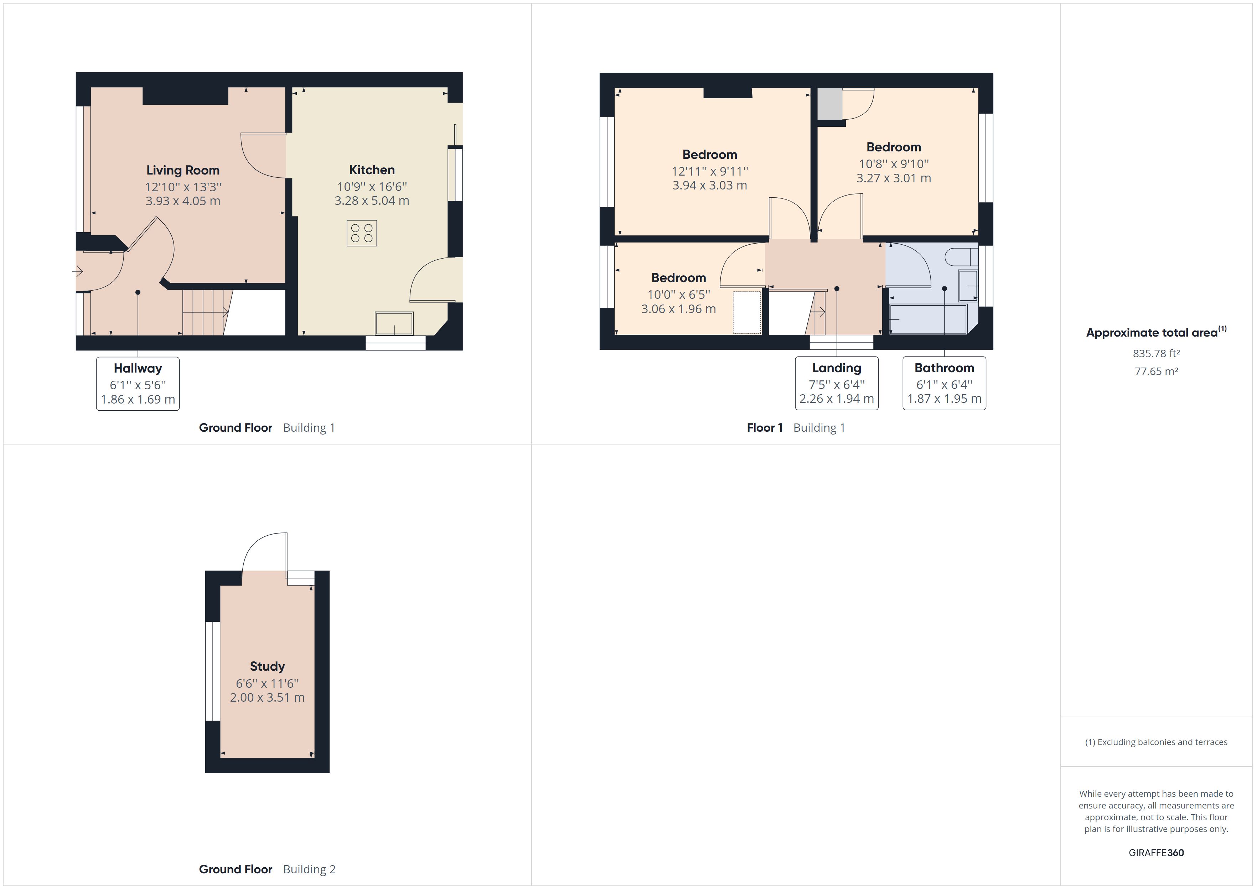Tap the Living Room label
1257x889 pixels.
pyautogui.click(x=183, y=170)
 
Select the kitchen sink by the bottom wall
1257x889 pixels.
pyautogui.click(x=394, y=323)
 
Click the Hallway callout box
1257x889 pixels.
pyautogui.click(x=138, y=383)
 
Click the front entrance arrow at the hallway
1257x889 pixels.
pyautogui.click(x=77, y=271)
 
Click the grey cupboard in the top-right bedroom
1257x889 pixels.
pyautogui.click(x=829, y=103)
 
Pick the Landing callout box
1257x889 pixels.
pyautogui.click(x=837, y=383)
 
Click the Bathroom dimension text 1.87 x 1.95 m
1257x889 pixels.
pyautogui.click(x=945, y=399)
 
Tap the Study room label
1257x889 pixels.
pyautogui.click(x=267, y=666)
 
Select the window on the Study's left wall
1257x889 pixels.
pyautogui.click(x=212, y=671)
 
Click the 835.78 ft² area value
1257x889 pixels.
pyautogui.click(x=1156, y=354)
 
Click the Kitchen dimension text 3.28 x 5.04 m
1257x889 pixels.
pyautogui.click(x=372, y=201)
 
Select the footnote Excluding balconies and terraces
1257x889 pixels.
pyautogui.click(x=1156, y=742)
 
